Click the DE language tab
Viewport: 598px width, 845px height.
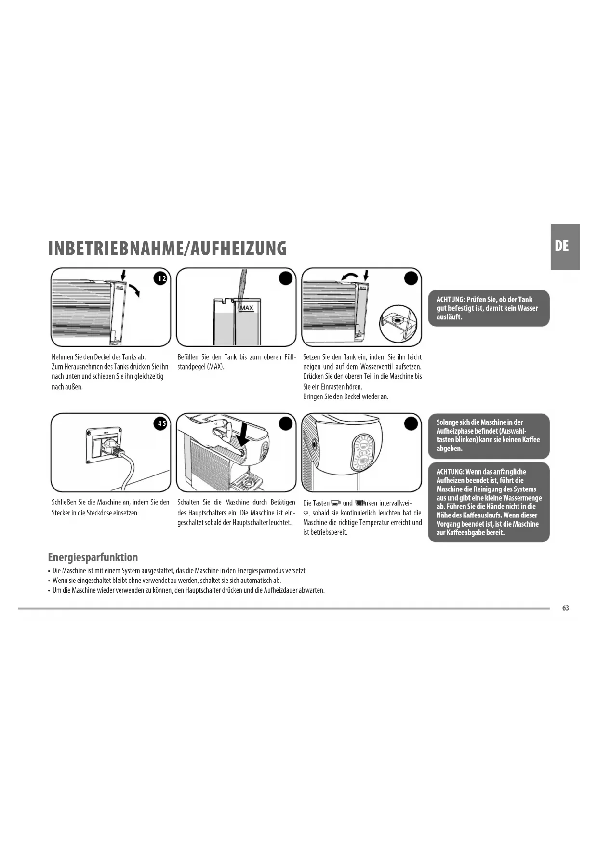[x=564, y=246]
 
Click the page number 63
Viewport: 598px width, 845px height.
[x=565, y=608]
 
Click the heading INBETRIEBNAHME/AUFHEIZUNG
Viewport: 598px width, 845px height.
[x=167, y=249]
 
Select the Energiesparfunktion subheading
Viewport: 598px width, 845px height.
[x=93, y=557]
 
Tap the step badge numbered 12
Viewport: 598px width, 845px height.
[x=160, y=278]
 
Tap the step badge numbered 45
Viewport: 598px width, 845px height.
[x=160, y=423]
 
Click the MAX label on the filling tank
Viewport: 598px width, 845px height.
[x=246, y=308]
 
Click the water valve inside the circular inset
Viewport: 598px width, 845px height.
[x=398, y=319]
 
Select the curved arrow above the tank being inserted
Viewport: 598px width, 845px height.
[x=349, y=276]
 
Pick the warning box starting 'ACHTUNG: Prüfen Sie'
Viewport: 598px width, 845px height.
[x=489, y=308]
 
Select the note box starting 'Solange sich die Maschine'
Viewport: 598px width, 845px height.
[x=489, y=436]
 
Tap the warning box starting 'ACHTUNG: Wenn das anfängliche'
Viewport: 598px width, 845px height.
[x=489, y=502]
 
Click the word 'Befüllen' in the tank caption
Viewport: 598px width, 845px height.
[x=189, y=357]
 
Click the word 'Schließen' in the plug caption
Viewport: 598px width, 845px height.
[x=64, y=502]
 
